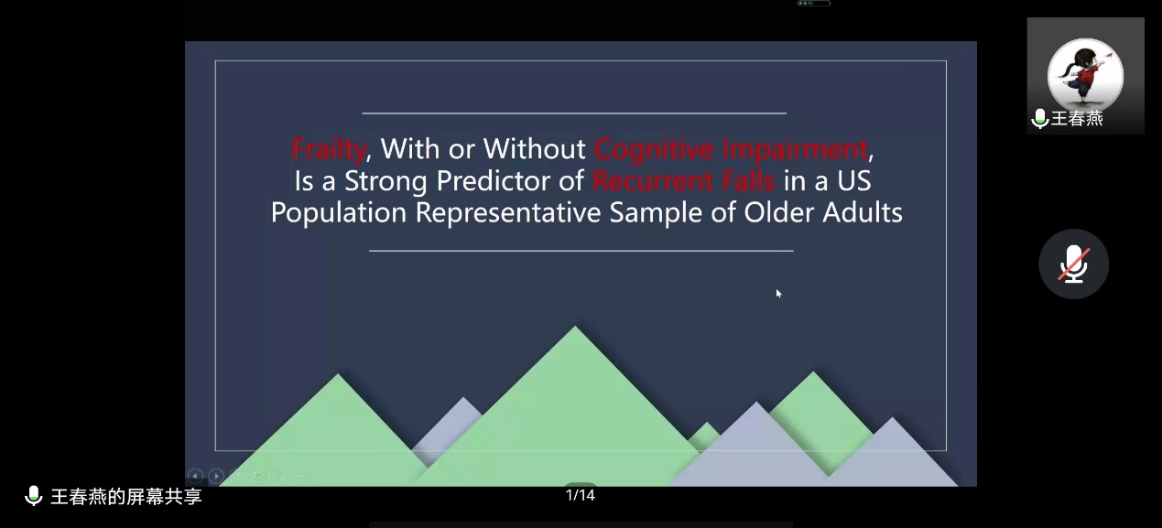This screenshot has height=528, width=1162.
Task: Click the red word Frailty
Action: (329, 150)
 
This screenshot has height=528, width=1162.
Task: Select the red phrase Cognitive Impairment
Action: (732, 150)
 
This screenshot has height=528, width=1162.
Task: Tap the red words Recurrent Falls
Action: (684, 181)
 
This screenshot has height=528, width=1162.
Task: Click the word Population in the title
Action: (339, 213)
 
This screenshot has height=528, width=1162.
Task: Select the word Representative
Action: (508, 213)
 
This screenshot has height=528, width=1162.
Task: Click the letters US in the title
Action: (854, 181)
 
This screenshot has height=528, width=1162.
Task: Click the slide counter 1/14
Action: (580, 495)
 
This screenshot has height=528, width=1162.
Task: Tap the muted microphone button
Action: (1073, 264)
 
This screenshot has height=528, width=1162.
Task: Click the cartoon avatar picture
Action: (1085, 76)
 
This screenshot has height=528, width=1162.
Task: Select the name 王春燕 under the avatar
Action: (1077, 119)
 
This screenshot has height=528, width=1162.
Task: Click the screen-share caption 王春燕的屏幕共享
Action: (126, 496)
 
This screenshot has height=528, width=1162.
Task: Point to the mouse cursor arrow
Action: (778, 293)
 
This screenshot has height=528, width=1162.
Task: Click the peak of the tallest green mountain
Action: (575, 326)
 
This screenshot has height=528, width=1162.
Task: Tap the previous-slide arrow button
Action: (195, 475)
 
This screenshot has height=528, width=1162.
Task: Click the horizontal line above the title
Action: (574, 113)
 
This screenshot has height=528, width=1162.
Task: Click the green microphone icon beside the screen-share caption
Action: (34, 496)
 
